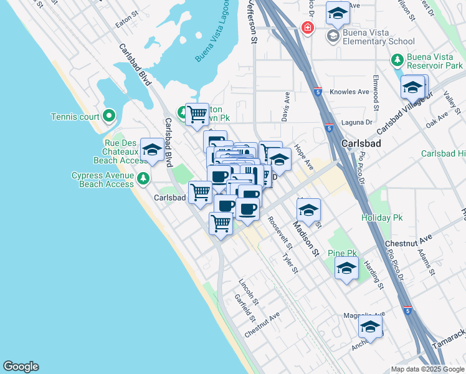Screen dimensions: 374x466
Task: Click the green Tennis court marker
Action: [x=109, y=115]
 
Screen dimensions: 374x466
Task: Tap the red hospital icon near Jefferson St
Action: [x=307, y=28]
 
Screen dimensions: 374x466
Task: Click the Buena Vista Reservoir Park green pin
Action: [x=397, y=60]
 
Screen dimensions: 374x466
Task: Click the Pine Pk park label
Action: [x=342, y=253]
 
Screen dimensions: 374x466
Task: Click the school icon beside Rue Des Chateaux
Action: [x=151, y=150]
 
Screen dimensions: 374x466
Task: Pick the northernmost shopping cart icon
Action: [x=197, y=114]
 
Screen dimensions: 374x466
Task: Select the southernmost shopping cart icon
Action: [x=221, y=223]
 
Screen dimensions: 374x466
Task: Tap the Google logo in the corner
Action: [x=21, y=367]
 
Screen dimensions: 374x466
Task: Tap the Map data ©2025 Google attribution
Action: [x=427, y=369]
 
